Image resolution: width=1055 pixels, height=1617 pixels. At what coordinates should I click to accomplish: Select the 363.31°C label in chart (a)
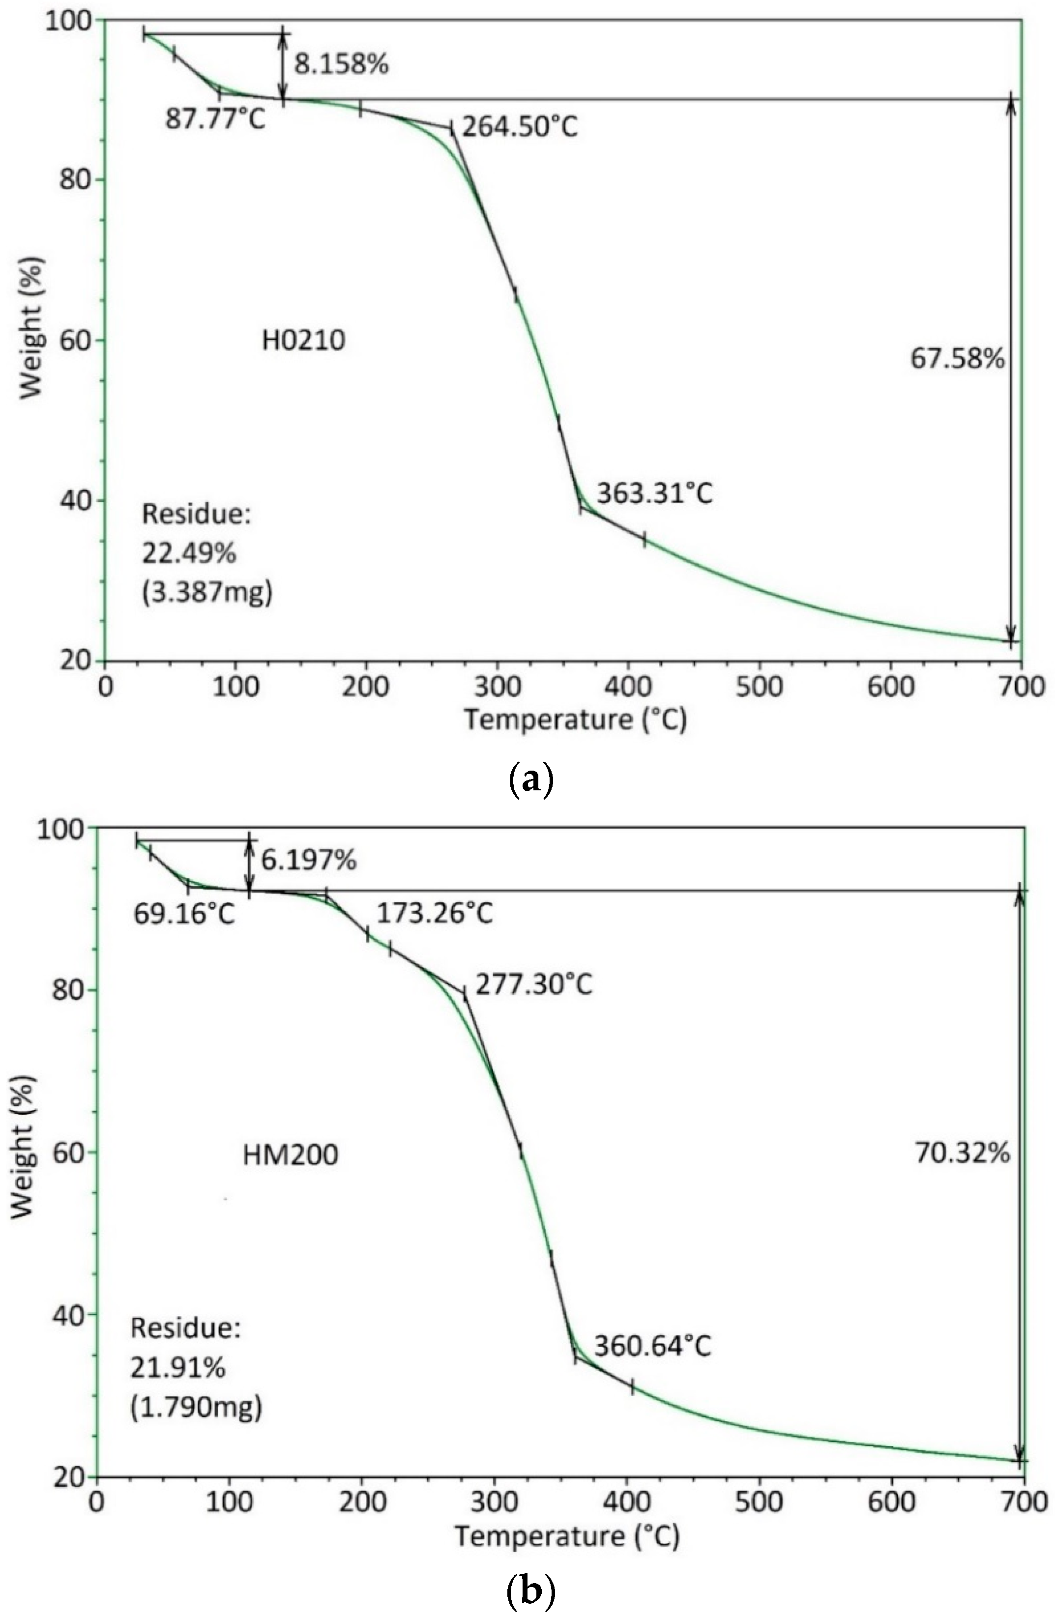coord(655,493)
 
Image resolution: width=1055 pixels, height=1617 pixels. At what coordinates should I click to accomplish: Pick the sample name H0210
coord(304,340)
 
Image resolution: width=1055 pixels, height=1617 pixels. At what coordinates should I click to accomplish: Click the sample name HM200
coord(290,1155)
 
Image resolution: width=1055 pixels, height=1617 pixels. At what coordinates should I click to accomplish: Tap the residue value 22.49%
coord(189,554)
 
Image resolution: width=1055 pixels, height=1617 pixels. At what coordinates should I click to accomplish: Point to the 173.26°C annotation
coord(435,914)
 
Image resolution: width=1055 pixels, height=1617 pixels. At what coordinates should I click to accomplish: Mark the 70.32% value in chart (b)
coord(963,1153)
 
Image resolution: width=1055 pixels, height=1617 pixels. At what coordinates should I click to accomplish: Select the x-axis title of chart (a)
coord(575,720)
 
